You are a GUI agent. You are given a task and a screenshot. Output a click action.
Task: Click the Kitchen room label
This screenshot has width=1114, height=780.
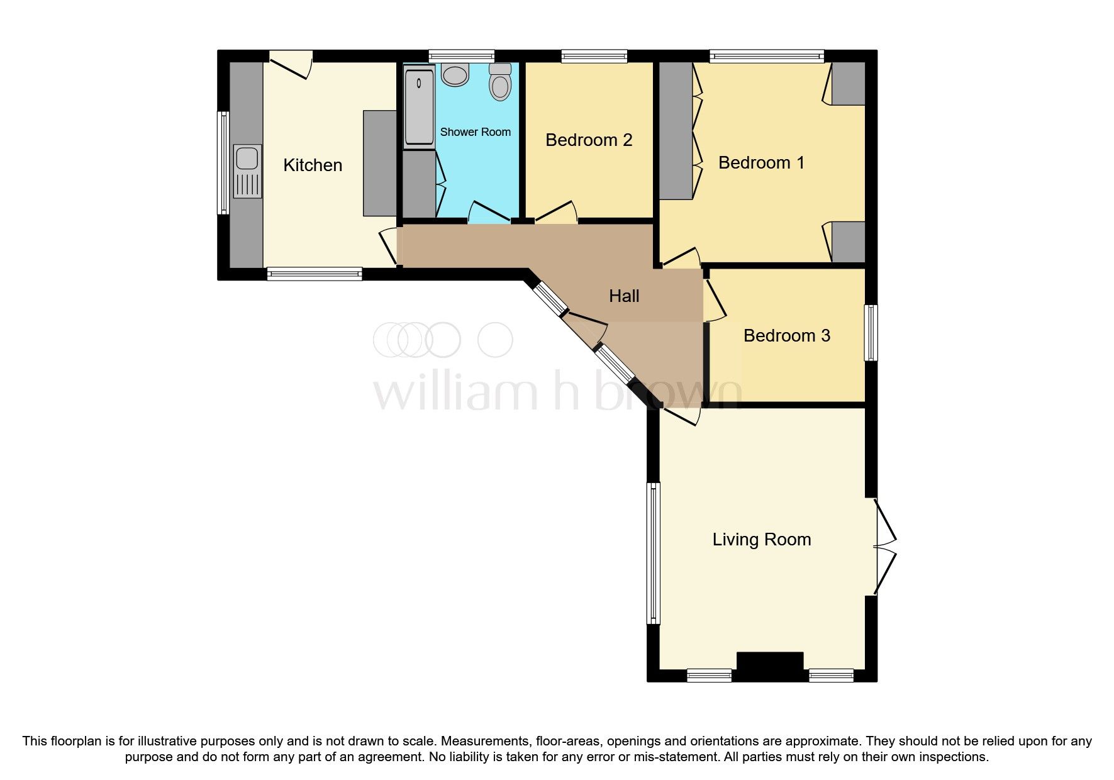pyautogui.click(x=313, y=165)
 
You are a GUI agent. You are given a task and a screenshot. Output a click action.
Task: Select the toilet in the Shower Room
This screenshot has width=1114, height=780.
pyautogui.click(x=500, y=82)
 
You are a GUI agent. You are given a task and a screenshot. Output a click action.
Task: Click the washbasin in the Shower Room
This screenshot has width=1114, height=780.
pyautogui.click(x=455, y=74)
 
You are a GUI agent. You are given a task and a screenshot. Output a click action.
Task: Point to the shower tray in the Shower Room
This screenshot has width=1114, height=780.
pyautogui.click(x=419, y=108)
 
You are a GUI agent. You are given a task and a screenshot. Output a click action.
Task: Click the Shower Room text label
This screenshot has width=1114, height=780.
pyautogui.click(x=475, y=132)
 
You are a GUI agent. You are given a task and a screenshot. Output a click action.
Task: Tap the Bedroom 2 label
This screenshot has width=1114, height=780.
pyautogui.click(x=588, y=140)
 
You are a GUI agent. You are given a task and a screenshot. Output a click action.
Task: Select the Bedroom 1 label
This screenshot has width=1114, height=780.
pyautogui.click(x=761, y=163)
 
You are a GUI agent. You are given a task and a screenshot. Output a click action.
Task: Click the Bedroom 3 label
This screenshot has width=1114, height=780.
pyautogui.click(x=786, y=336)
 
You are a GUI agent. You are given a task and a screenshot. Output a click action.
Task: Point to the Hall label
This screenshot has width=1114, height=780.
pyautogui.click(x=623, y=296)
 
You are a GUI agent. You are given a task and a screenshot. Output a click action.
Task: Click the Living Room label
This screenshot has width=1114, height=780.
pyautogui.click(x=761, y=540)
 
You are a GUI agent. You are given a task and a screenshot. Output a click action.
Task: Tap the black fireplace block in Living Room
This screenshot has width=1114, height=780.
pyautogui.click(x=770, y=666)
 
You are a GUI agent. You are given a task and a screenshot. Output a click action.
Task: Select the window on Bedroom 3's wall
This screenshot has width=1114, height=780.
pyautogui.click(x=871, y=333)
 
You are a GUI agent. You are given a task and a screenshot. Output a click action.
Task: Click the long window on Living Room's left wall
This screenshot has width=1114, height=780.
pyautogui.click(x=654, y=554)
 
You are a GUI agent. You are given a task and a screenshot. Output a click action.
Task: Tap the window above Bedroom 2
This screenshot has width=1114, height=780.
pyautogui.click(x=594, y=56)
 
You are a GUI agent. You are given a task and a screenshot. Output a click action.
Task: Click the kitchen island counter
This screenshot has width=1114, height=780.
pyautogui.click(x=379, y=163)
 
